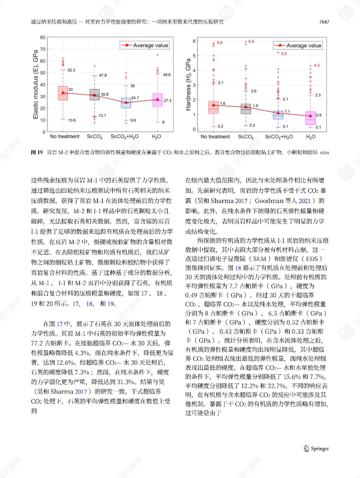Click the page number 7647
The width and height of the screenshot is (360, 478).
click(x=324, y=22)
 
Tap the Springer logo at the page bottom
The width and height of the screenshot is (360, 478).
click(x=316, y=448)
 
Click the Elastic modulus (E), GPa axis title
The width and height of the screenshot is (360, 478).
click(x=35, y=84)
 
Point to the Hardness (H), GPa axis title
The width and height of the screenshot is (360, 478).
click(x=188, y=85)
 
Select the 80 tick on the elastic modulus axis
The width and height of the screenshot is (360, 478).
click(x=43, y=37)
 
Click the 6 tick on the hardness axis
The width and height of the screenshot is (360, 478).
click(x=194, y=41)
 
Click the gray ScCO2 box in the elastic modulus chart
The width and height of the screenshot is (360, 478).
click(x=95, y=95)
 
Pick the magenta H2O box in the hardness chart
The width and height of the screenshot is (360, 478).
click(x=310, y=118)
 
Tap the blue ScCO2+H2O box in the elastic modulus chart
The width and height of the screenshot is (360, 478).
click(x=126, y=103)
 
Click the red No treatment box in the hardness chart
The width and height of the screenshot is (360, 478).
click(x=213, y=107)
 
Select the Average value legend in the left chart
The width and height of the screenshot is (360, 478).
click(x=145, y=45)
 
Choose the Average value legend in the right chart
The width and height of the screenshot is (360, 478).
click(x=298, y=46)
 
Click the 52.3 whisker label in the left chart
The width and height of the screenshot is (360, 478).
click(x=71, y=70)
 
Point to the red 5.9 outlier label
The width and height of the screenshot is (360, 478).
click(x=251, y=42)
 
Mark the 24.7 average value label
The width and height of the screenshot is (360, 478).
click(x=135, y=98)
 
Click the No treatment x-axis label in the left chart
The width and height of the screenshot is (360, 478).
click(x=65, y=137)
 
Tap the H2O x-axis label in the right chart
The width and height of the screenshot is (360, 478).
click(x=311, y=137)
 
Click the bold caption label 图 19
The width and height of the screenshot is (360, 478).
click(x=37, y=152)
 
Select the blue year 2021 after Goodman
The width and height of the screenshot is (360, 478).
click(x=304, y=201)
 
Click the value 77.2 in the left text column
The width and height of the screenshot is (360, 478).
click(x=37, y=344)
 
